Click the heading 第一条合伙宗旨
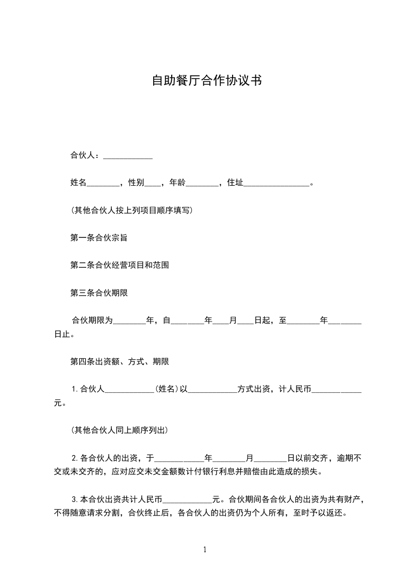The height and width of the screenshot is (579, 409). (x=99, y=238)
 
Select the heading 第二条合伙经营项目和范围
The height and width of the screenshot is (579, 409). (x=120, y=265)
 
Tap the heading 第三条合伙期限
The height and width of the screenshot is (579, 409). (x=99, y=293)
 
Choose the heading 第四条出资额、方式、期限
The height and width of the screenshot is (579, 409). (x=120, y=361)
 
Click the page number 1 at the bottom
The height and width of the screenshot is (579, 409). (x=205, y=550)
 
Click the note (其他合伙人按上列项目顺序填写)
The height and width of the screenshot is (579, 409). (x=132, y=211)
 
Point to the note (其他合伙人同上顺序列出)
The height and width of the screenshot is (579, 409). (x=120, y=430)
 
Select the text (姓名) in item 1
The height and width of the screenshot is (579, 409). (x=167, y=389)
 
